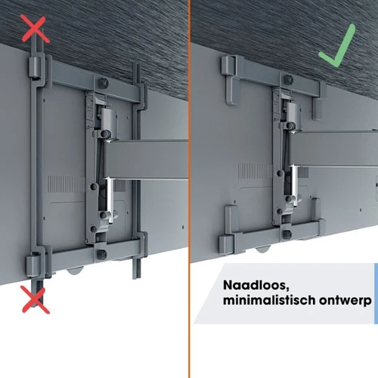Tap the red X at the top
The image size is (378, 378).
click(36, 28)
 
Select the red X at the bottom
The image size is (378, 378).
click(36, 300)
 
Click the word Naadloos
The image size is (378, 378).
click(256, 286)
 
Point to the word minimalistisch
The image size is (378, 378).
click(269, 300)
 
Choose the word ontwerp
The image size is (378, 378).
click(345, 301)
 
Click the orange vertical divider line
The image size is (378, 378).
click(189, 189)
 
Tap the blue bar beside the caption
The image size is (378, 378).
click(376, 293)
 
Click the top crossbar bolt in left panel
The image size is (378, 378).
click(103, 83)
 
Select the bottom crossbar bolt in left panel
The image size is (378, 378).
click(101, 253)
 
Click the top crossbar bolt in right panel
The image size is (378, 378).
click(289, 79)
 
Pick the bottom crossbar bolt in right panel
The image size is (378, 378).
click(287, 234)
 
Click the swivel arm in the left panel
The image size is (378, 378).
click(145, 160)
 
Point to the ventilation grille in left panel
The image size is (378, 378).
click(67, 184)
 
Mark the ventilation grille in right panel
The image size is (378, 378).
click(255, 171)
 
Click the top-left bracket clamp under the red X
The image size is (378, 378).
click(35, 67)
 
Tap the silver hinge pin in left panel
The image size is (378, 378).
click(110, 199)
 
